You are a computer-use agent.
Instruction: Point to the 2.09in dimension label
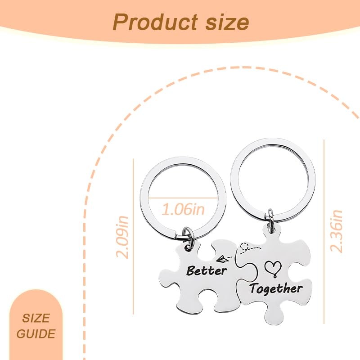(x=123, y=237)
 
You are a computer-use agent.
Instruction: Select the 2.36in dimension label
(x=336, y=230)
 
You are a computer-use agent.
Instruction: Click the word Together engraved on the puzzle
(x=276, y=288)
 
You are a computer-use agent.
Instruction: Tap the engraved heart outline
(x=272, y=268)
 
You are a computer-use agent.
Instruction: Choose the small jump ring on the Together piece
(x=270, y=217)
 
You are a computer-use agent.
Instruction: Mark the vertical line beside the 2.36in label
(x=324, y=230)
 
